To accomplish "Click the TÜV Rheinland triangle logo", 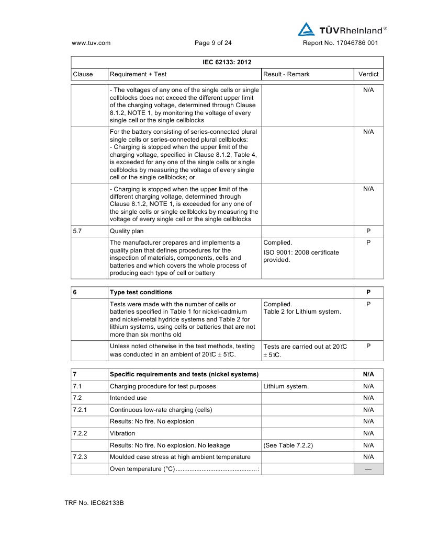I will pos(305,29).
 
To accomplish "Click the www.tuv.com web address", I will pos(91,43).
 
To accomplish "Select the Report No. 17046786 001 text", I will pos(340,43).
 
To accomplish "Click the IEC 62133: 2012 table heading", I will pos(227,62).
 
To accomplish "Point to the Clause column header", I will pos(83,74).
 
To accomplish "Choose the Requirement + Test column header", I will pos(138,74).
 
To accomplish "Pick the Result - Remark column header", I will pos(286,74).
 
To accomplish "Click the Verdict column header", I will pos(368,74).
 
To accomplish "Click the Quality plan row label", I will pos(126,231).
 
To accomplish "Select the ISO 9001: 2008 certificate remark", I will pos(301,256).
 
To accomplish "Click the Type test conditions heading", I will pos(141,292).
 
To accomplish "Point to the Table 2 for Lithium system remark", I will pos(302,312).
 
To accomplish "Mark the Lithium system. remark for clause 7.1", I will pos(286,386).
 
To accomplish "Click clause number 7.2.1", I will pos(81,409).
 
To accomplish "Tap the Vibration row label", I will pos(122,433).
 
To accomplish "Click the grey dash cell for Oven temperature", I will pos(368,469).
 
